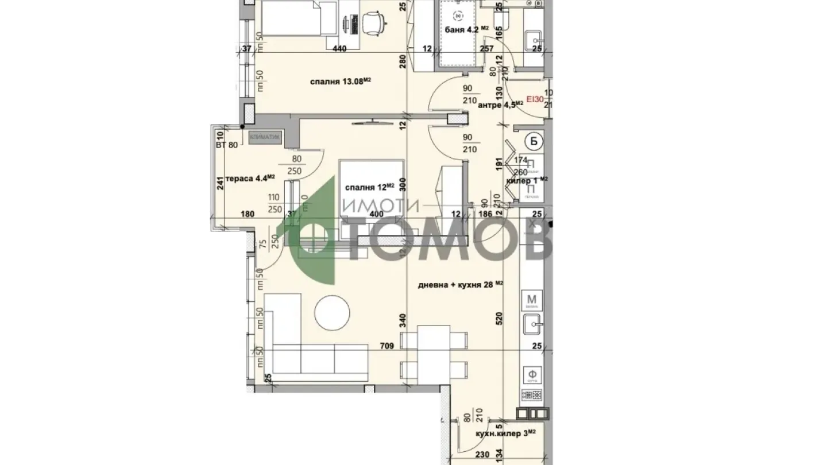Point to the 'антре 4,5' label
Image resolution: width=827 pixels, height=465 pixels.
tap(501, 104)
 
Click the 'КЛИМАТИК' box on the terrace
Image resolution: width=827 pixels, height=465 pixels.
tap(265, 137)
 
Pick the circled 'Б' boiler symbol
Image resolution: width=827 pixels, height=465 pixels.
tap(534, 141)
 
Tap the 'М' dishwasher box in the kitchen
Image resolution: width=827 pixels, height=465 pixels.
tap(532, 300)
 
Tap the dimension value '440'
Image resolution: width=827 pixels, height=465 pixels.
tap(339, 49)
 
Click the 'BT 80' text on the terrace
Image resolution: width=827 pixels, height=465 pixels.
tap(227, 145)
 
